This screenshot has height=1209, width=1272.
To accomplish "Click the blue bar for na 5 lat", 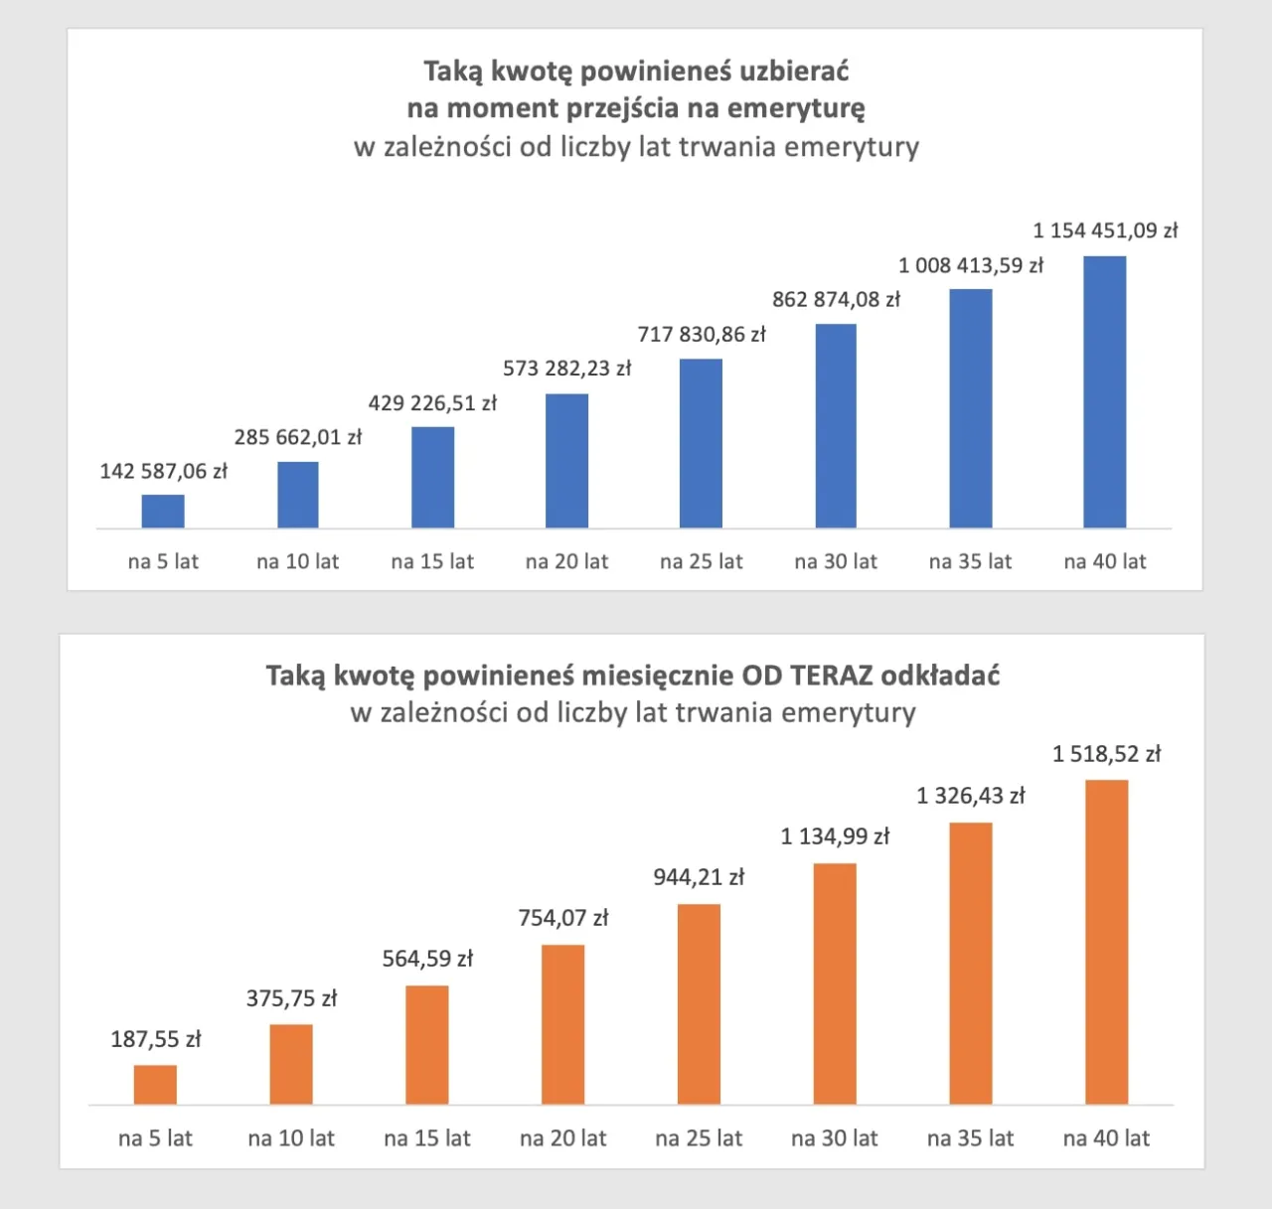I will [163, 511].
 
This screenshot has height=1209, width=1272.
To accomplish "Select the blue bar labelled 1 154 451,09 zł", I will [1104, 391].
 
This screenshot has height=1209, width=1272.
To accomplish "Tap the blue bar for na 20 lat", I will [566, 460].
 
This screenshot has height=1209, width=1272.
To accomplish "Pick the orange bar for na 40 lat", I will [1106, 942].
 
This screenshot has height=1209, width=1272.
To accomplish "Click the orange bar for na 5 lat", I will [155, 1084].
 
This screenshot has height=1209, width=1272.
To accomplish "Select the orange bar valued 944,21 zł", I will [699, 1003].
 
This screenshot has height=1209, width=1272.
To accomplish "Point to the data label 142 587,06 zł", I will [163, 471].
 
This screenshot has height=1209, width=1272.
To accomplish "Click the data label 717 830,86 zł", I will [702, 334].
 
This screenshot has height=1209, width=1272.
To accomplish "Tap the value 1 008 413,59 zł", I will [970, 265].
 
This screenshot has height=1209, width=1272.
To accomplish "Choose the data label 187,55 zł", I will [155, 1039].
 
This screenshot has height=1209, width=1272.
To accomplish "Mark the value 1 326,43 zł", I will [970, 796].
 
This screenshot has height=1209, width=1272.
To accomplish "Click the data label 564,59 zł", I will [427, 959].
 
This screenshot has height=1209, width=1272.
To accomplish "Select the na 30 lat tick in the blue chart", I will [836, 561].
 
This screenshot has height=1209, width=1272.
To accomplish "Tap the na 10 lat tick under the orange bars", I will [291, 1138].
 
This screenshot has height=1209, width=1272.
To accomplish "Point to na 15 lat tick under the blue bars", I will [432, 561].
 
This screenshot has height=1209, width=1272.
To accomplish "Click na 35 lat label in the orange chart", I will [970, 1138].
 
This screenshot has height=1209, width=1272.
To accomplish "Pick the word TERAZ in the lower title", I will [831, 676].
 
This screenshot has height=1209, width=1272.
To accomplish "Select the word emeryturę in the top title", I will [805, 108].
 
